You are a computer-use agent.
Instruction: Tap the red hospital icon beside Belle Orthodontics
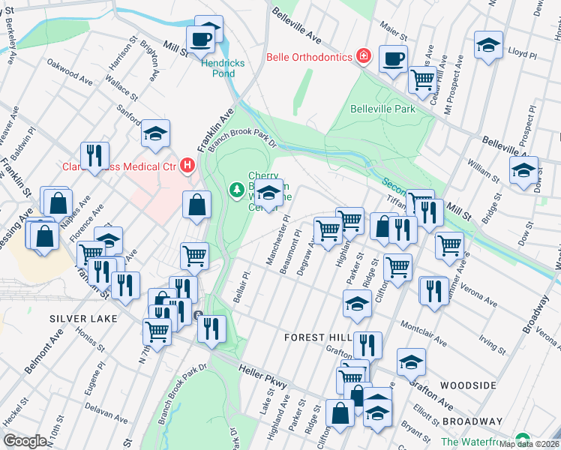tap(363, 56)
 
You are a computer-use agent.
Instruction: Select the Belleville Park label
tap(382, 109)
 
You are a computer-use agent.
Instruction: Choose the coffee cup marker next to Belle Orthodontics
tap(393, 58)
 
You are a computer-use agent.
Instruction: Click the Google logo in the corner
tap(25, 441)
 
